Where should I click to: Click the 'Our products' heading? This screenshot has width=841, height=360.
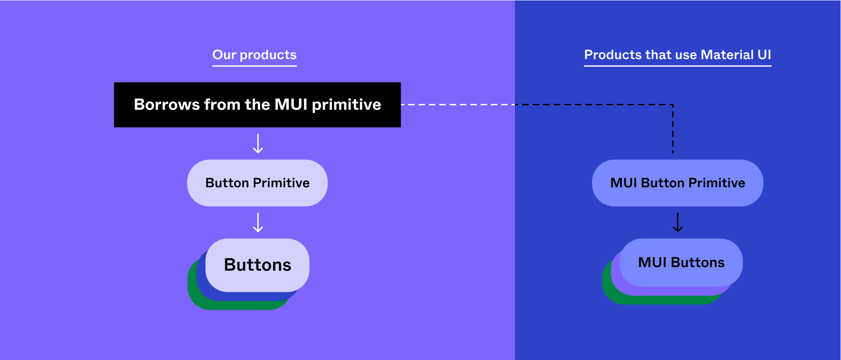pyautogui.click(x=254, y=55)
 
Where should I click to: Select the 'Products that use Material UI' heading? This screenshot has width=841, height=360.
pyautogui.click(x=677, y=55)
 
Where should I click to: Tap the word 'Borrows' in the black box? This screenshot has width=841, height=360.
pyautogui.click(x=167, y=104)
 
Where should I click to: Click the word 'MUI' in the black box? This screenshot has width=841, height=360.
pyautogui.click(x=291, y=104)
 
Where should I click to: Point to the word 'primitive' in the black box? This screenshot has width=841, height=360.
pyautogui.click(x=346, y=104)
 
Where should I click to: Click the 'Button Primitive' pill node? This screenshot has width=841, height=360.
pyautogui.click(x=257, y=183)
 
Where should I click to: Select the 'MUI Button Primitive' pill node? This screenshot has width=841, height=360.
pyautogui.click(x=677, y=183)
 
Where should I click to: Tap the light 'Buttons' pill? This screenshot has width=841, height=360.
pyautogui.click(x=257, y=265)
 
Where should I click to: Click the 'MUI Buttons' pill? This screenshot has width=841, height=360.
pyautogui.click(x=681, y=262)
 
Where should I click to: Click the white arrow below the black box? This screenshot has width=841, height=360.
pyautogui.click(x=258, y=144)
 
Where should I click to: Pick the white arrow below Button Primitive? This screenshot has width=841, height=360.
pyautogui.click(x=258, y=222)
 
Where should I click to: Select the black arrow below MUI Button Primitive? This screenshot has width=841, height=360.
pyautogui.click(x=677, y=222)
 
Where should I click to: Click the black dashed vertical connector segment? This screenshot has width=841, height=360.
pyautogui.click(x=673, y=129)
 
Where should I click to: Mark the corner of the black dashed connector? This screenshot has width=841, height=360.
pyautogui.click(x=673, y=105)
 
